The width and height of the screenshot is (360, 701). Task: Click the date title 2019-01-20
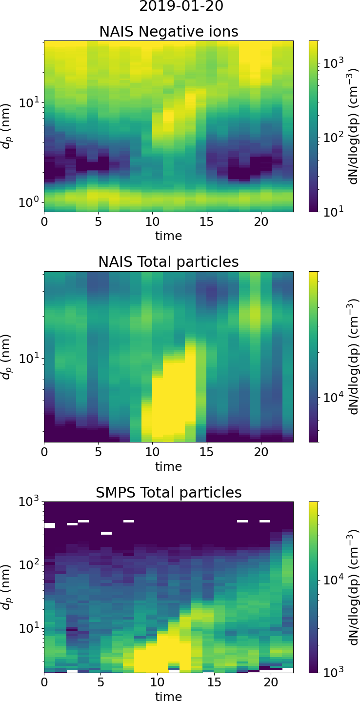(x=181, y=7)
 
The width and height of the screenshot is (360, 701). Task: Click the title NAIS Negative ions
(x=169, y=32)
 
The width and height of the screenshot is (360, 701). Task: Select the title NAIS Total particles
(x=169, y=262)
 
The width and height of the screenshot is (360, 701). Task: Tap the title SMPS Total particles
(x=169, y=493)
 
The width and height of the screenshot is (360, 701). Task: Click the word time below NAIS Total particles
(x=169, y=467)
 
